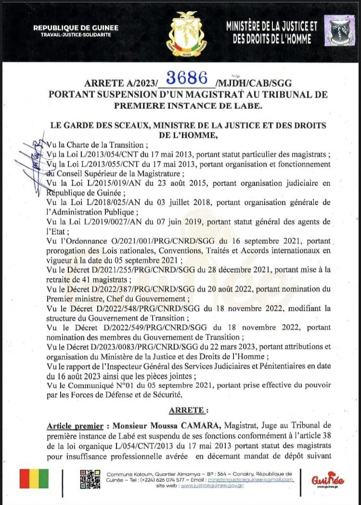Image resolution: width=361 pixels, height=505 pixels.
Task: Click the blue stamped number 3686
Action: tap(187, 78)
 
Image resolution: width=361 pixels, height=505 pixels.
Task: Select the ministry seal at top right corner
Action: tap(339, 30)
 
